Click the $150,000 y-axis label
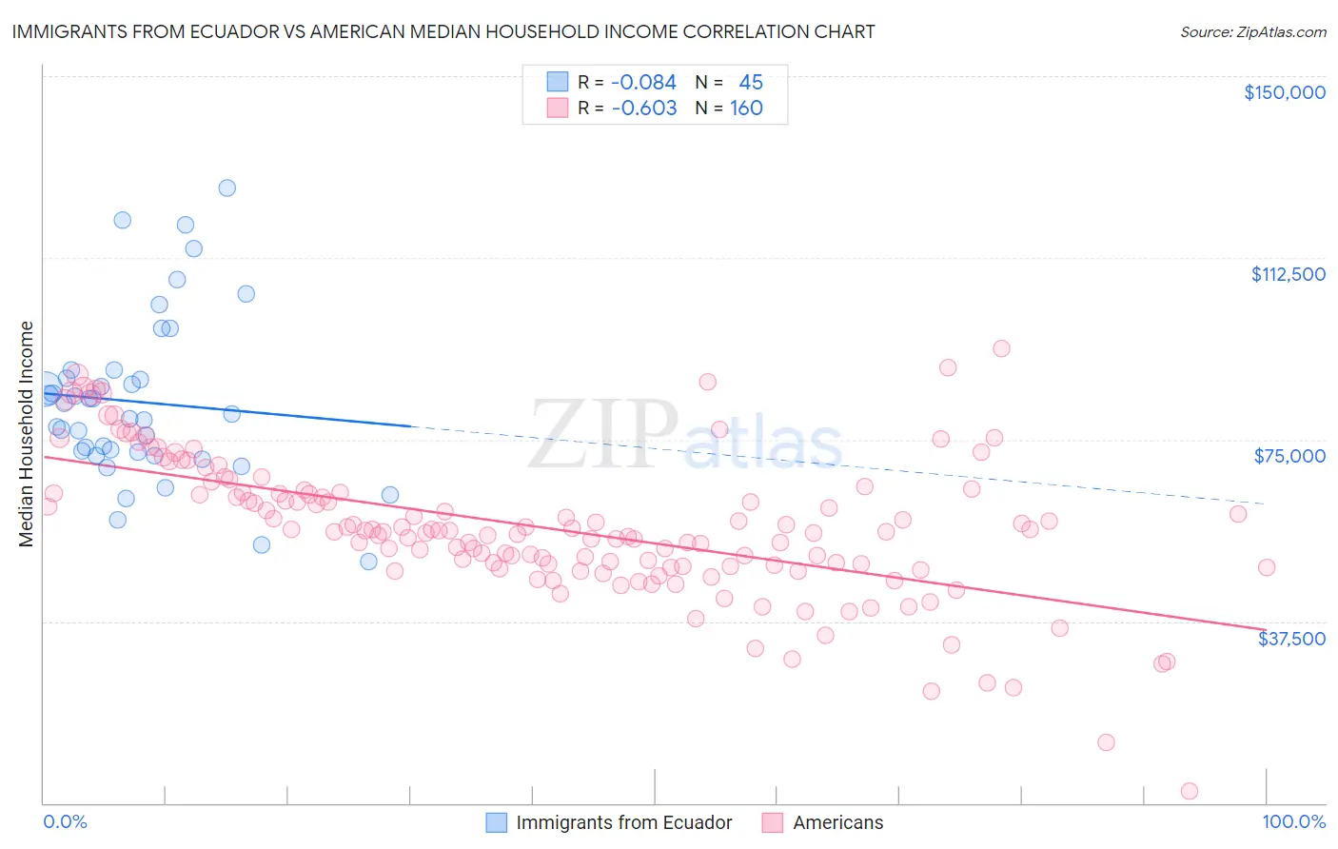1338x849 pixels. (1284, 92)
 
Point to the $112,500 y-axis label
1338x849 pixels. (1288, 274)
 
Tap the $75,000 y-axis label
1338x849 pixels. (1289, 456)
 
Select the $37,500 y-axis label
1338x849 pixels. (1291, 639)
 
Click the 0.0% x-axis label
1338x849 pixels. (65, 822)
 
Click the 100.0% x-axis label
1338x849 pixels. (1293, 822)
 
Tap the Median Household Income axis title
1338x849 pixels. (26, 434)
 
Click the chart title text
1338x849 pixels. (443, 31)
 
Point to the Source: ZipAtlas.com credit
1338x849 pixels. (1252, 31)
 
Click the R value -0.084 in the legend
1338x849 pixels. (643, 83)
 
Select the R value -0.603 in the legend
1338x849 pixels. (643, 109)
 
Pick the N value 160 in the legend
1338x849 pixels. (746, 109)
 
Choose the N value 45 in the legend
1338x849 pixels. (751, 83)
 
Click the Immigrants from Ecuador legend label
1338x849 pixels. (623, 823)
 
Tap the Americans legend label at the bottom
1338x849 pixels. (837, 823)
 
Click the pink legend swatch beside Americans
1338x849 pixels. (772, 823)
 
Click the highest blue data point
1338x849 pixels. (226, 188)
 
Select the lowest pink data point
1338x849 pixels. (1189, 791)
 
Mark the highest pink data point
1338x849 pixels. (1001, 348)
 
